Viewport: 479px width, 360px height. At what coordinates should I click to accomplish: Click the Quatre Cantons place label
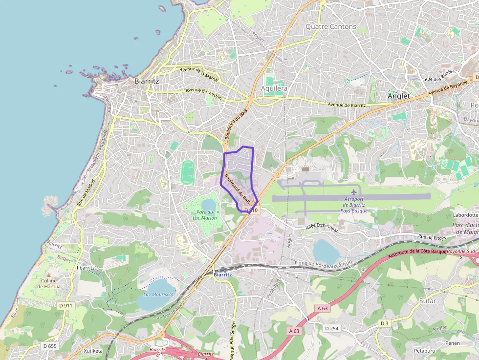[331, 26]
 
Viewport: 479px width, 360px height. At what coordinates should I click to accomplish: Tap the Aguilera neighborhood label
[274, 88]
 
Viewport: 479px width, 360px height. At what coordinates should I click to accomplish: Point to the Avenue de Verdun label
[204, 94]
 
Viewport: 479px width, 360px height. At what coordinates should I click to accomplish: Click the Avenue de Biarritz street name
[347, 105]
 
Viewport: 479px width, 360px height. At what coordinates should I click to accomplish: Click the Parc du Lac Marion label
[204, 215]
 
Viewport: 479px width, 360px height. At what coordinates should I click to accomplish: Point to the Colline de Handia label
[49, 283]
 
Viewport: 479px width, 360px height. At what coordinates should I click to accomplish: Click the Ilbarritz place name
[86, 268]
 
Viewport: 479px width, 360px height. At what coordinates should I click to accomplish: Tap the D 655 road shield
[50, 346]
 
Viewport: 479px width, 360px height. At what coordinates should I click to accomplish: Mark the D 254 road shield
[331, 328]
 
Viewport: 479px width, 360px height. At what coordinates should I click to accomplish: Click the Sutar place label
[428, 301]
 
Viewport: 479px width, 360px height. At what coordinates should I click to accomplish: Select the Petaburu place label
[424, 351]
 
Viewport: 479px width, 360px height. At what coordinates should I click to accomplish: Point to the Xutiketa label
[93, 351]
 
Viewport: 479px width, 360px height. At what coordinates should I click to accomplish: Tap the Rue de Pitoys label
[432, 237]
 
